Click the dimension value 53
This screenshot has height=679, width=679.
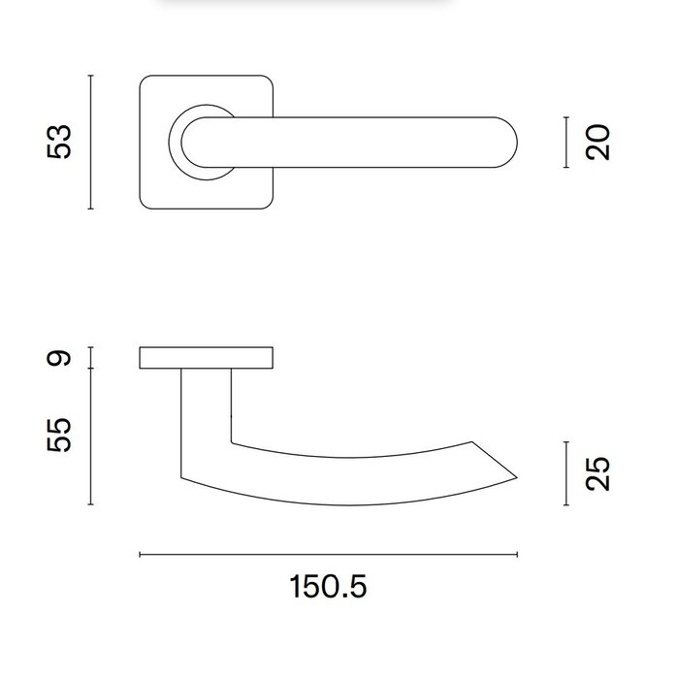pos(61,142)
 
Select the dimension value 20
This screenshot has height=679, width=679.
pos(599,143)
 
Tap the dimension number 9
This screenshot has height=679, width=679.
pos(61,358)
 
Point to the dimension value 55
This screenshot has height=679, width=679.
pos(61,436)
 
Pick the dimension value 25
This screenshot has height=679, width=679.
pos(599,473)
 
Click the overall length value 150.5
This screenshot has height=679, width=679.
pos(329,587)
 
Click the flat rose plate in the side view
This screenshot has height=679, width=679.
pos(207,358)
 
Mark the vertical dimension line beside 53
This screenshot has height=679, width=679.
pos(90,142)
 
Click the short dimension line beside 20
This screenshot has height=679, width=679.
pos(566,143)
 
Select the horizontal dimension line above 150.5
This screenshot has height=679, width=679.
pos(329,555)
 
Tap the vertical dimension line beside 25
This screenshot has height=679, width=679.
pos(566,473)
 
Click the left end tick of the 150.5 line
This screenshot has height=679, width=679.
pos(141,555)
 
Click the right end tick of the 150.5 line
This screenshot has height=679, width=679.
pos(517,555)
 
